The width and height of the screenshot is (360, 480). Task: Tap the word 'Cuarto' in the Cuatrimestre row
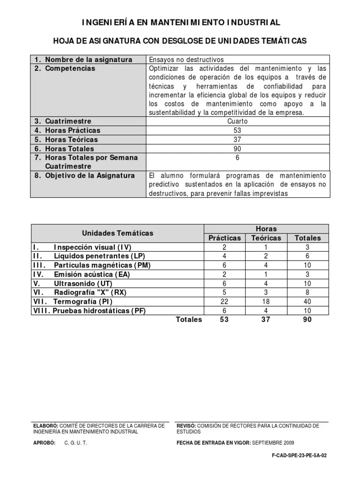coord(238,121)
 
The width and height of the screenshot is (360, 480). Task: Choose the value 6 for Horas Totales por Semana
coord(238,158)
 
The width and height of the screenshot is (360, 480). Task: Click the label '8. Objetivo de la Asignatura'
coord(84,175)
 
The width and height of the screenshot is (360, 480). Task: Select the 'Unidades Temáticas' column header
coord(118,233)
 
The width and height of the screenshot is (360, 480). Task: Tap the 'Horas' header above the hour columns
coord(266,229)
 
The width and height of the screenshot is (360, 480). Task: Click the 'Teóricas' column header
coord(266,238)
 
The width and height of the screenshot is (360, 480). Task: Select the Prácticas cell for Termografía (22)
coord(225,301)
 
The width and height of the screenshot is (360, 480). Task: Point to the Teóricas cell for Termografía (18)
coord(266,301)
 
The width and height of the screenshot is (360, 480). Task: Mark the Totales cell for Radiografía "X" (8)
coord(308,292)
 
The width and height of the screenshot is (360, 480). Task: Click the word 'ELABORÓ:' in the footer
coord(45,426)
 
